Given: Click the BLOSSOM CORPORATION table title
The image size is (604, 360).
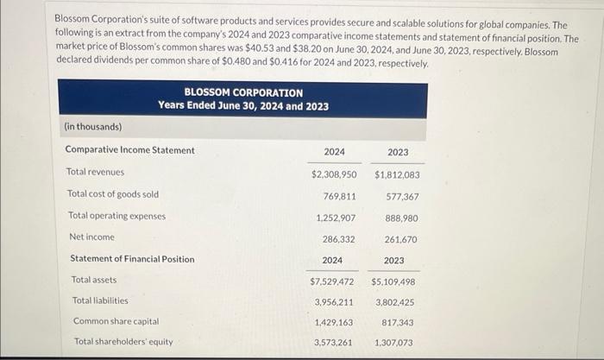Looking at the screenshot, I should (243, 92).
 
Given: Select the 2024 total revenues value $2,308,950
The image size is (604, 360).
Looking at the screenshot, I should (334, 174).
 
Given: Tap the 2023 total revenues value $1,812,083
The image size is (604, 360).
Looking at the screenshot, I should (397, 174).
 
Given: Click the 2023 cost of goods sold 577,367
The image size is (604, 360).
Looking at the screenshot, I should (403, 195).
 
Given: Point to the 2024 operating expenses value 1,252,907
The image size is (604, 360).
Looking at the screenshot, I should (337, 217).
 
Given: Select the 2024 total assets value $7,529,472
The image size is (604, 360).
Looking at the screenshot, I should (332, 281).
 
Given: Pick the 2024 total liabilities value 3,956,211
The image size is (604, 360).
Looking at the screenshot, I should (335, 302).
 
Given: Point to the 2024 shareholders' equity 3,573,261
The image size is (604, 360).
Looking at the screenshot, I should (335, 342).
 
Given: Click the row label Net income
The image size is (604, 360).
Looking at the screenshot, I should (91, 237).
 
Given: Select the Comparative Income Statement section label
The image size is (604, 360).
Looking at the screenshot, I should (129, 150).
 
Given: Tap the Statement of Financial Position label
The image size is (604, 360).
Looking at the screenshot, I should (132, 259).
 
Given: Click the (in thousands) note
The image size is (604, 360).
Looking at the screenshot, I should (93, 127).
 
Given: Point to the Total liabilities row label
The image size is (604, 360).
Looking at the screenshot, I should (100, 300).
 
